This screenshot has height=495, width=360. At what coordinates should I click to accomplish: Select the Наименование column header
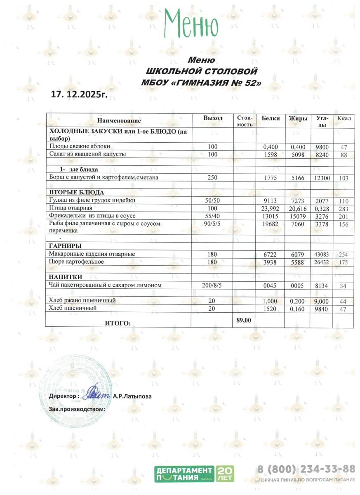pos(119,121)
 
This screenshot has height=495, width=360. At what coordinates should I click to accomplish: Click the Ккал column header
pos(344,119)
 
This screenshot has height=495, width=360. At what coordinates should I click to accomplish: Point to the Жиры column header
pos(298,118)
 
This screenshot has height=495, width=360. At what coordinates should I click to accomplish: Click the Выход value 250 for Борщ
pos(212,178)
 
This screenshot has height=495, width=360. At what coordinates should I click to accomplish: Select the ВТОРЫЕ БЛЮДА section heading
pos(76,192)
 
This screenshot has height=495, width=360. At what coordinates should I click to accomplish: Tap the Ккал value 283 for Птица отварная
pos(344,208)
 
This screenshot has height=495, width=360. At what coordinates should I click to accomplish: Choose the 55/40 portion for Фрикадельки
pos(212,216)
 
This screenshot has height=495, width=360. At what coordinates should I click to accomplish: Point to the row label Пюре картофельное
pos(76,262)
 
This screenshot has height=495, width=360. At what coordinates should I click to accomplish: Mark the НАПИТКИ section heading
pos(66,277)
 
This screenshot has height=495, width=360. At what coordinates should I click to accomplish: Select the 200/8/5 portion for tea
pos(212,285)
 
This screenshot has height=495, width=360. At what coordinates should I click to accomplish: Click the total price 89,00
pos(244,319)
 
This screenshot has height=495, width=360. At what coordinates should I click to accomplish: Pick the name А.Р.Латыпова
pos(132,396)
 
